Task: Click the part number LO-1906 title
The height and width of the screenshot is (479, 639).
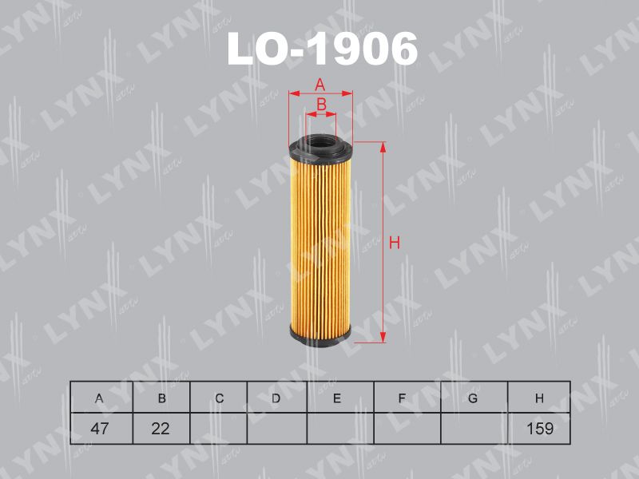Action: pos(323,49)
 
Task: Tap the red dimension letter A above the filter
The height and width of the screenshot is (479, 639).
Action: pos(320,85)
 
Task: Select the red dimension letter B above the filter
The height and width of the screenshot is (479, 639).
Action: pos(322,105)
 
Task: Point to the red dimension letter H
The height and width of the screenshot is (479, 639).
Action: pos(395,243)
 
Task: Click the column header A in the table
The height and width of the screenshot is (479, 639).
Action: pos(99,398)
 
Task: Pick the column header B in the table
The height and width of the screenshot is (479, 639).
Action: pos(162,398)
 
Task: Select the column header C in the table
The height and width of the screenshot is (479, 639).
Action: pos(219,398)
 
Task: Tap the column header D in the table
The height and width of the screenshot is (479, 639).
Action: pos(276,398)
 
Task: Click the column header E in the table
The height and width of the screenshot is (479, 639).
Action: pos(337,398)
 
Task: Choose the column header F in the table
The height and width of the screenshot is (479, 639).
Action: pos(402,398)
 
